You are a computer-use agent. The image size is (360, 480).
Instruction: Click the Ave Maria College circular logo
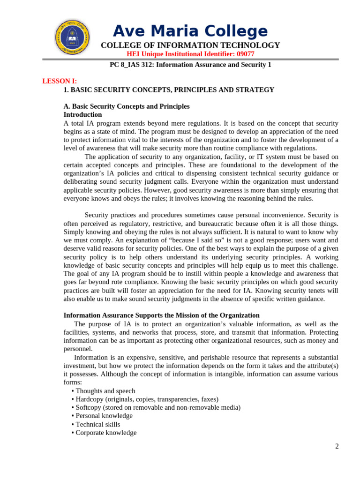72,37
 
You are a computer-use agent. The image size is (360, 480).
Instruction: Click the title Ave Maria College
190,31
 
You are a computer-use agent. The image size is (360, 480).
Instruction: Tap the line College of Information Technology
190,45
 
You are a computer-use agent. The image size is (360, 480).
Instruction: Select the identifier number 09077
246,54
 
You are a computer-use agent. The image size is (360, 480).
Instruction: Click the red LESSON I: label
60,81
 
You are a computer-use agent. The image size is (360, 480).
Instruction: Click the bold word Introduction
82,114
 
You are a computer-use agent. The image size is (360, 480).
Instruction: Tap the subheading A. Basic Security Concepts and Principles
127,106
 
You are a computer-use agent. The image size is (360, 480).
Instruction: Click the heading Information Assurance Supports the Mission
161,315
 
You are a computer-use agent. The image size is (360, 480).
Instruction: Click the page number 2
337,446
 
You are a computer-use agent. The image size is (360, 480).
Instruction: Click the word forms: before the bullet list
73,382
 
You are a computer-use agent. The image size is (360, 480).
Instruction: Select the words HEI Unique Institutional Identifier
181,54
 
